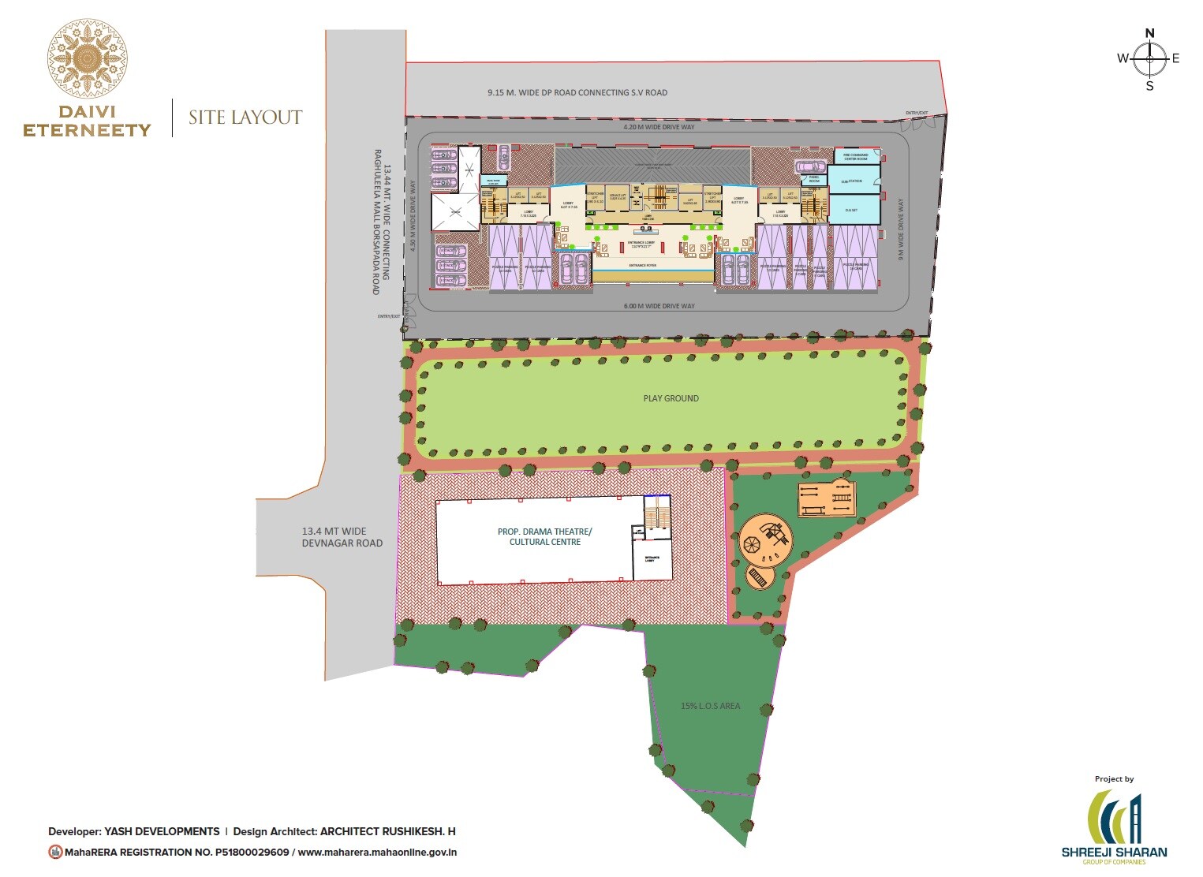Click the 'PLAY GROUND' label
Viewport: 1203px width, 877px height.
[671, 398]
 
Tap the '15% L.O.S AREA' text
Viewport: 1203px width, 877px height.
[710, 706]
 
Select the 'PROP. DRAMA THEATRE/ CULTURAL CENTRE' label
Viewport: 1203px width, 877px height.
[544, 537]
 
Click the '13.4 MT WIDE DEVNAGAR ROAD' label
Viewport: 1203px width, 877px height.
[342, 537]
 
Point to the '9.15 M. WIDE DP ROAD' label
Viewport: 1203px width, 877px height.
[577, 92]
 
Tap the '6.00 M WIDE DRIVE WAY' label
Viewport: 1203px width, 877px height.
[659, 306]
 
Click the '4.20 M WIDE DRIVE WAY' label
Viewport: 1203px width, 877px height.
[659, 126]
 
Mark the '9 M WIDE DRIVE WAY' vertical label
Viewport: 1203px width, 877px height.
[901, 229]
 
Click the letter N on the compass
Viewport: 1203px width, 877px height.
[1149, 33]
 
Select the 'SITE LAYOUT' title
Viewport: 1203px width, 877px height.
[245, 118]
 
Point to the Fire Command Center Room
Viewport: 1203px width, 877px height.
[855, 157]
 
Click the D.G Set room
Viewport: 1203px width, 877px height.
[851, 210]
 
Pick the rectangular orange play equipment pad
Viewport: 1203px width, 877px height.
[827, 499]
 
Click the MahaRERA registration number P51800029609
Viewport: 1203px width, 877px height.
[252, 852]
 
